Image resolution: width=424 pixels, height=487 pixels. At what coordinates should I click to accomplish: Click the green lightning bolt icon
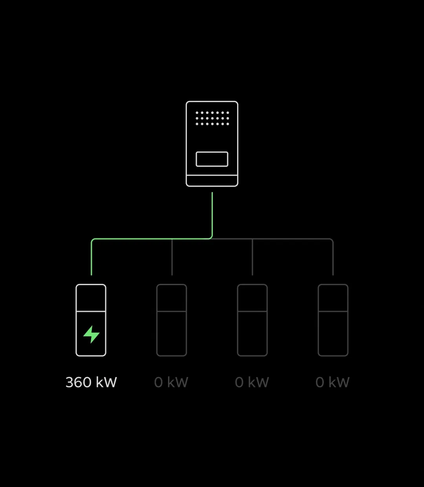tap(91, 334)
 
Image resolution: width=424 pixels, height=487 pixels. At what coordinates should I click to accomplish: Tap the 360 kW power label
tap(91, 382)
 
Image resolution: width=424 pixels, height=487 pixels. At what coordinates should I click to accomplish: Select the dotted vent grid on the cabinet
tap(212, 118)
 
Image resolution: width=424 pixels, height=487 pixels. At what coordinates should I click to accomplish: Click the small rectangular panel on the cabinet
tap(212, 159)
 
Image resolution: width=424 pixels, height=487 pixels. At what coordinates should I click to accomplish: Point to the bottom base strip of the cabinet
tap(212, 181)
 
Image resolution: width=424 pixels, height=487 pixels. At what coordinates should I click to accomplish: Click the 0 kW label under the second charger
tap(171, 382)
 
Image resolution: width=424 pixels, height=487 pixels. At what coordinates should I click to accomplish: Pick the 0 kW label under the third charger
tap(252, 382)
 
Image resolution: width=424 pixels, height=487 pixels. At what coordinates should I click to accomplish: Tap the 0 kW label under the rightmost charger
tap(333, 382)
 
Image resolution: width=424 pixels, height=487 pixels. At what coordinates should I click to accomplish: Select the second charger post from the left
tap(172, 320)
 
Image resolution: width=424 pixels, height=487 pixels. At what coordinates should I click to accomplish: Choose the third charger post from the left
tap(252, 320)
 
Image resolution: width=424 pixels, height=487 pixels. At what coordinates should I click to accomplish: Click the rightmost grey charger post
tap(333, 320)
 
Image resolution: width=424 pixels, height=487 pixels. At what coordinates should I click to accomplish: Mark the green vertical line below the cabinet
tap(212, 214)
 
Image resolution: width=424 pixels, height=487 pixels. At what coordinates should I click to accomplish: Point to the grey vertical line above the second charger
tap(172, 257)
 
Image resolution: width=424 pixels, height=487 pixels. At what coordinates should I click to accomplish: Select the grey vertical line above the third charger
tap(252, 257)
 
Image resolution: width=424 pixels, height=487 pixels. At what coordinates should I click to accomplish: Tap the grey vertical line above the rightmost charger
tap(333, 257)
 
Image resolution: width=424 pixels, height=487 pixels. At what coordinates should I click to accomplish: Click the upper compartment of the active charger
tap(91, 298)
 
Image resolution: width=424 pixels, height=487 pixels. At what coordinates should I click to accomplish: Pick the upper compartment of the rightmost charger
tap(333, 298)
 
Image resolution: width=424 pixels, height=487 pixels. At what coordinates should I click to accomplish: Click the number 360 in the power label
tap(79, 382)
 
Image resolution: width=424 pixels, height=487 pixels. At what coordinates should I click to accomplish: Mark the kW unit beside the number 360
tap(106, 382)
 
